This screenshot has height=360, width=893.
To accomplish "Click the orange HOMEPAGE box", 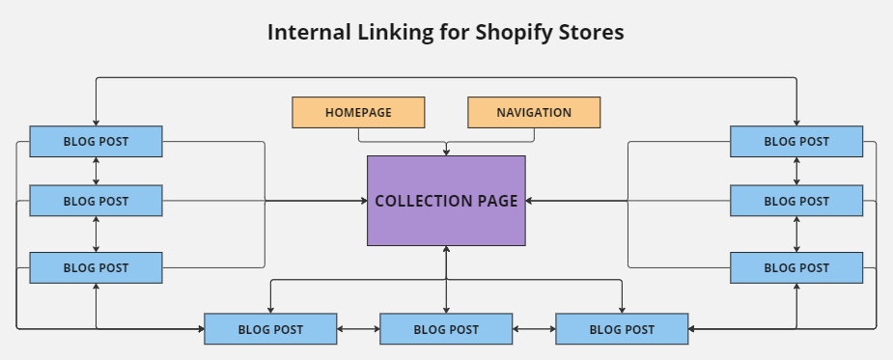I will point(358,112).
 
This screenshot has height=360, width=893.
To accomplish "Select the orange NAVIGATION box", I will point(534,112).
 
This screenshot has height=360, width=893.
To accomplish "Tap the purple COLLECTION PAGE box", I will point(446,201).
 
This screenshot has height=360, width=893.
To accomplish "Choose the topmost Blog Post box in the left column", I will point(96,141).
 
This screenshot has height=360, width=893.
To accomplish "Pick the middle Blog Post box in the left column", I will point(96,201).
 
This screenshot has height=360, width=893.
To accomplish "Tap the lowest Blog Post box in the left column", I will point(96,267).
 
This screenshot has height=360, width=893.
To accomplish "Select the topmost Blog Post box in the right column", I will point(796,141).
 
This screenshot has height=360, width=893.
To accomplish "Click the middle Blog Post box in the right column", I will point(796,201).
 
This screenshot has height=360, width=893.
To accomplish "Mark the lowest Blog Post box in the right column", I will point(796,267).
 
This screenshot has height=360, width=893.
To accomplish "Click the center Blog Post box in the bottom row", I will point(446,329).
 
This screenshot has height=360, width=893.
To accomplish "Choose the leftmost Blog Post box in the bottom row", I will point(270,329).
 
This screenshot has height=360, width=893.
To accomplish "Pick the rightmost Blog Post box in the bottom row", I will point(622,329).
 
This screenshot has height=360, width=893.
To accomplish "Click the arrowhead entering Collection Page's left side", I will point(362,201).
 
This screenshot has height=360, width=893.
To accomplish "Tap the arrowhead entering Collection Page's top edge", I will point(446,151).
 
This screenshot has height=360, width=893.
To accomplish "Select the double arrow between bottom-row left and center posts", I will point(358,329).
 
